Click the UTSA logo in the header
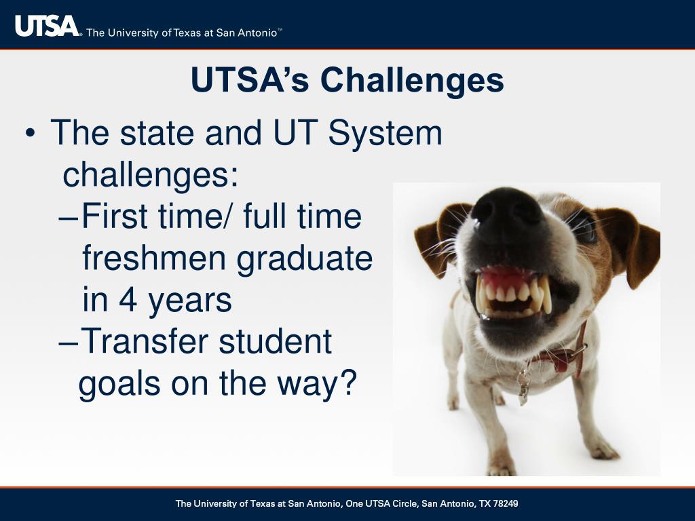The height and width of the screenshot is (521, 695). (x=47, y=26)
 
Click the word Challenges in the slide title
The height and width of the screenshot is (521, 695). (x=412, y=80)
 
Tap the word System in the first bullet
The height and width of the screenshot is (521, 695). (x=385, y=132)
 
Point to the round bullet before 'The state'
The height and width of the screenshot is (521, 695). (x=30, y=133)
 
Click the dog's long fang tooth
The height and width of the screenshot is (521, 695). (x=546, y=294)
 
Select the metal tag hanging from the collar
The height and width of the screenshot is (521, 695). (x=523, y=385)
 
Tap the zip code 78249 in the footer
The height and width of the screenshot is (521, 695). (x=505, y=504)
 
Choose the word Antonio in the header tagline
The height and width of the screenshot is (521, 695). (x=257, y=33)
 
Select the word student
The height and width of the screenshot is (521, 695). (x=276, y=341)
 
